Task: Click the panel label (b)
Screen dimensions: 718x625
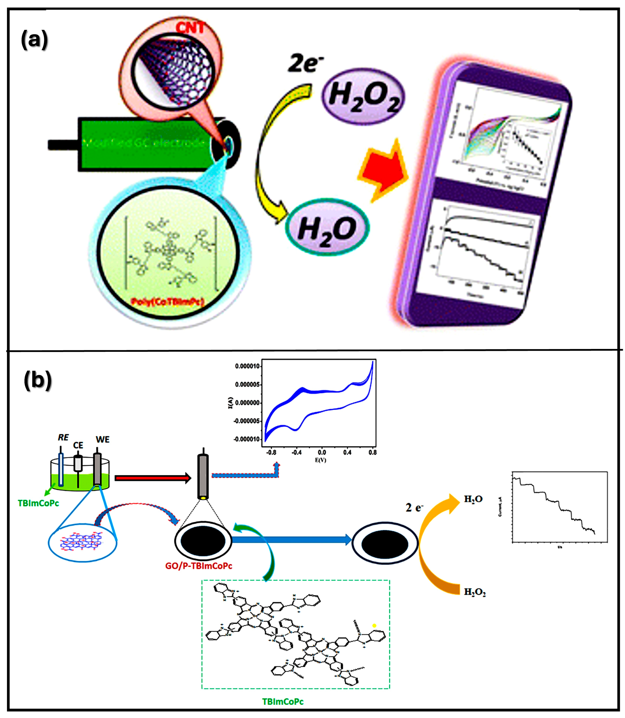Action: point(38,381)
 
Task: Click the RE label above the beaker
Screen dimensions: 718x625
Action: point(63,437)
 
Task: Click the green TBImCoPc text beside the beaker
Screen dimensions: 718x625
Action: point(38,503)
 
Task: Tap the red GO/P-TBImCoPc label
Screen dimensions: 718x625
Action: point(199,566)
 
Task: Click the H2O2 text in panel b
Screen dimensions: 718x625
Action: point(475,592)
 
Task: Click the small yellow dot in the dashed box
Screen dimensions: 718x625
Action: point(375,626)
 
